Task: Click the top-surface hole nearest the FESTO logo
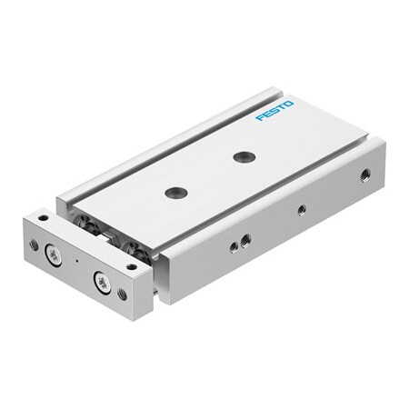[x=244, y=156]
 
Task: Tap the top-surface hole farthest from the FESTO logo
[x=176, y=192]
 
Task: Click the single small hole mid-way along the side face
[x=301, y=210]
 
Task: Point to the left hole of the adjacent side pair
[x=234, y=245]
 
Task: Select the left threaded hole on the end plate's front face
[x=34, y=244]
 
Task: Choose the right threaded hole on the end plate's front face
[x=123, y=294]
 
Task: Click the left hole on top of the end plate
[x=42, y=219]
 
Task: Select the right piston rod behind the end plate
[x=135, y=248]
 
